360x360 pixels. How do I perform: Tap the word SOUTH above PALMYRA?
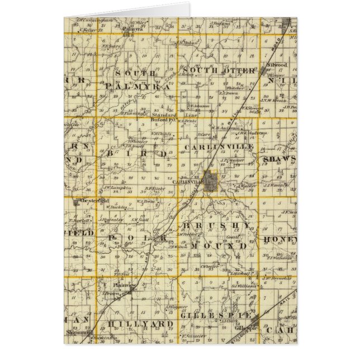click(132, 73)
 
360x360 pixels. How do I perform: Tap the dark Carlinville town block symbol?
click(212, 181)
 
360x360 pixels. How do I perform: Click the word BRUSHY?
click(217, 225)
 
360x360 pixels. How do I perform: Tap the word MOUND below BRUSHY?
click(219, 245)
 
